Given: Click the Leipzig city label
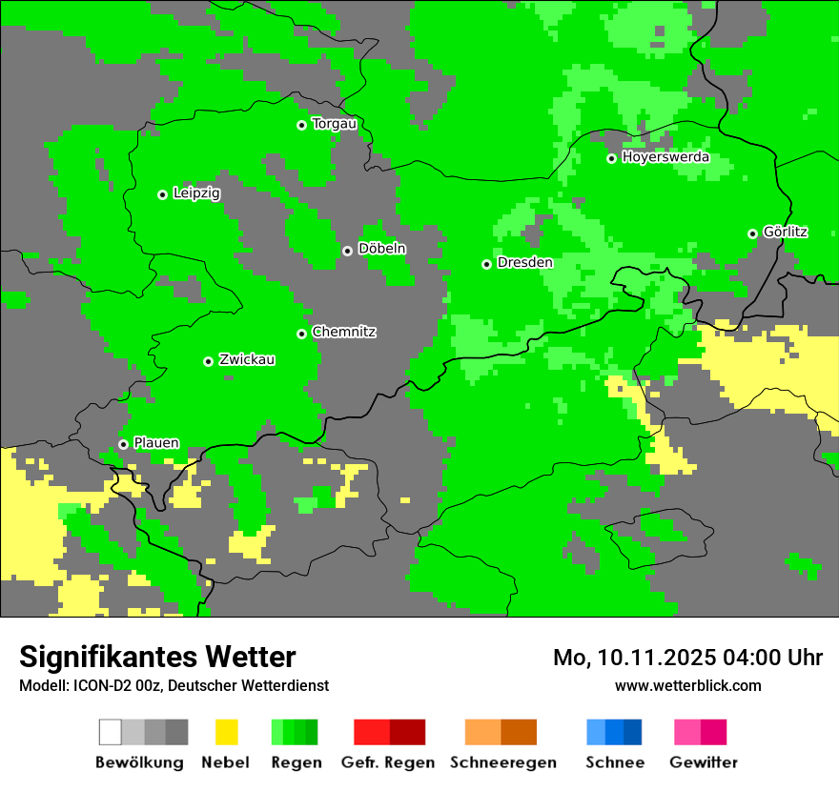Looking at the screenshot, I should coord(196,193).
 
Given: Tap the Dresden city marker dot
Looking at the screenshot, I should coord(486,264).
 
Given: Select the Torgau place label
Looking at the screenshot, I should coord(334,124).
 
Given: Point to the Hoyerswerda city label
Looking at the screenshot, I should coord(665,157).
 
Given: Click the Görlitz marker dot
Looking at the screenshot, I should coord(752,233).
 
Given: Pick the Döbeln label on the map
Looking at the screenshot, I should coord(381,249).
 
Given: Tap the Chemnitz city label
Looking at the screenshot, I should coord(343,333).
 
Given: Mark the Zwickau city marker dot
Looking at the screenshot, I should coord(208,361).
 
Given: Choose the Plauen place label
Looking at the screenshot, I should coord(156,443).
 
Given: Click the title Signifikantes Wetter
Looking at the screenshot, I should coord(157,658).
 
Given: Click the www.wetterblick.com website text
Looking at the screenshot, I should coord(687,686).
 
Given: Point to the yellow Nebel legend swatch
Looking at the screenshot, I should coord(226,732).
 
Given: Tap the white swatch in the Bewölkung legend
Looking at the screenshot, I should coord(111,732).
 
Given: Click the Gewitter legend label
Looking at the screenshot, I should coord(703,762).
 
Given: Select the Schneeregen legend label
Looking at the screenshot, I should coord(502,762).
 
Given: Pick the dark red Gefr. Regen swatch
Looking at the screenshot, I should coord(407,732).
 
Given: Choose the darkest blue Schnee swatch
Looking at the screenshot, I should coord(633,732).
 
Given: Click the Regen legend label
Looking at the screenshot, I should coord(294,762).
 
